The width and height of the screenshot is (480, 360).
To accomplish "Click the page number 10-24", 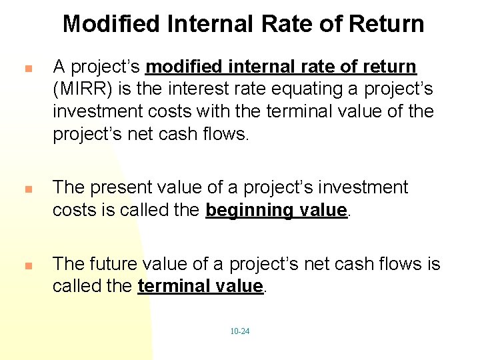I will [x=240, y=331].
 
